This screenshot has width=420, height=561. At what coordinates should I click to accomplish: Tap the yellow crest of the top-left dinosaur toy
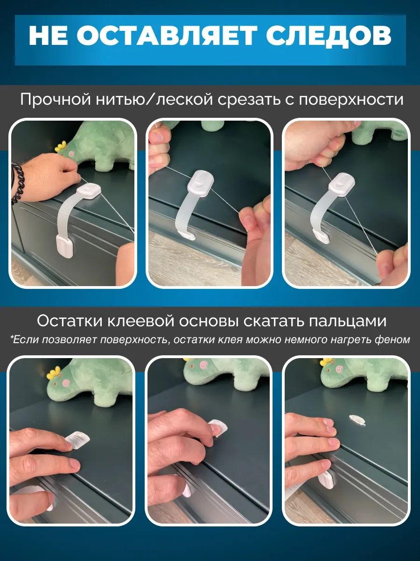click(x=61, y=146)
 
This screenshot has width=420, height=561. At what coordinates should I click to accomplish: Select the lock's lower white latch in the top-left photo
click(x=64, y=247)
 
